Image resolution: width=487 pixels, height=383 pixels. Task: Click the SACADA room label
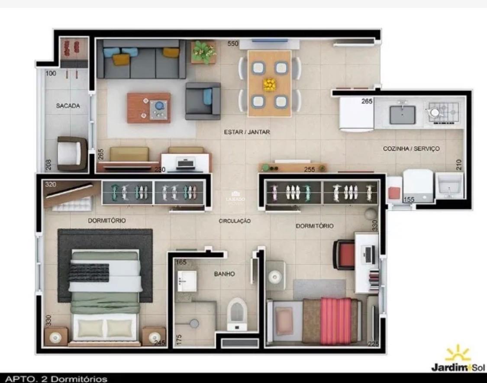pyautogui.click(x=68, y=106)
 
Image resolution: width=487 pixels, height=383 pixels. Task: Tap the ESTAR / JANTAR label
pyautogui.click(x=247, y=132)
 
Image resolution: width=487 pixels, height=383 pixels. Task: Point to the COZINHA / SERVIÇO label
pyautogui.click(x=411, y=148)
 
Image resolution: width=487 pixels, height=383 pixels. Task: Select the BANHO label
pyautogui.click(x=224, y=274)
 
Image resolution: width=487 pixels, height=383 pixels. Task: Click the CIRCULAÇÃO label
pyautogui.click(x=235, y=221)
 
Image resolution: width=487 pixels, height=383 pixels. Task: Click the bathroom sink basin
pyautogui.click(x=187, y=281)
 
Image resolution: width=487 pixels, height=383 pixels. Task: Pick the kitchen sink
pyautogui.click(x=402, y=114)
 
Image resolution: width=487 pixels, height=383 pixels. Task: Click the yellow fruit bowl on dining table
pyautogui.click(x=269, y=84)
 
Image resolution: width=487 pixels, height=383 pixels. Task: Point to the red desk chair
pyautogui.click(x=343, y=254)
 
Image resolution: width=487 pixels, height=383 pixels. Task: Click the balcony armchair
pyautogui.click(x=72, y=153)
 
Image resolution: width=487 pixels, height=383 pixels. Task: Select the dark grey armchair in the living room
pyautogui.click(x=203, y=101)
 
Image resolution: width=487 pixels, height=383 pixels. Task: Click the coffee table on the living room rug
pyautogui.click(x=148, y=107)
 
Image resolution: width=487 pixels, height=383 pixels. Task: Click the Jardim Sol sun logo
pyautogui.click(x=458, y=353)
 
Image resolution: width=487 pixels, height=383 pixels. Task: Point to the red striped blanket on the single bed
pyautogui.click(x=335, y=320)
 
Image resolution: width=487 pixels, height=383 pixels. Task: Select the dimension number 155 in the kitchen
pyautogui.click(x=409, y=200)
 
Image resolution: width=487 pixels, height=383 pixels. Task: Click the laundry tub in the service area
pyautogui.click(x=449, y=185)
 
